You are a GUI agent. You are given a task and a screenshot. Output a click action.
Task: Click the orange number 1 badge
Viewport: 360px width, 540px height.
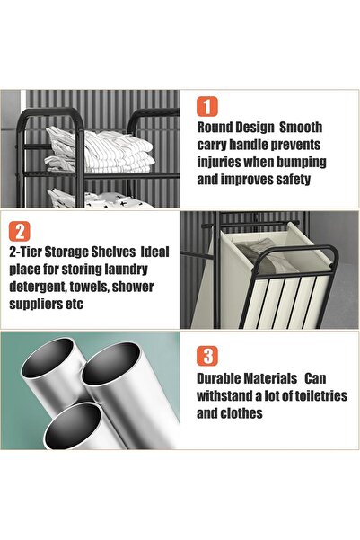(x=207, y=107)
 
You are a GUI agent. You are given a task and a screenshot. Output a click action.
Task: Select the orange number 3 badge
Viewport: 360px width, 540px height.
(x=207, y=354)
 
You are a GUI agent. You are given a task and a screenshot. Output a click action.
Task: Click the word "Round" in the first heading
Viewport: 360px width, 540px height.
(x=218, y=128)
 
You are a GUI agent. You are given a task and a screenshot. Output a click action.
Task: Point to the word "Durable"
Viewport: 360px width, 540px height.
(x=224, y=378)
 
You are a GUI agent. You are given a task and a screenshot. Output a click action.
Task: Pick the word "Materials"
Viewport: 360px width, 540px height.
(x=292, y=378)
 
